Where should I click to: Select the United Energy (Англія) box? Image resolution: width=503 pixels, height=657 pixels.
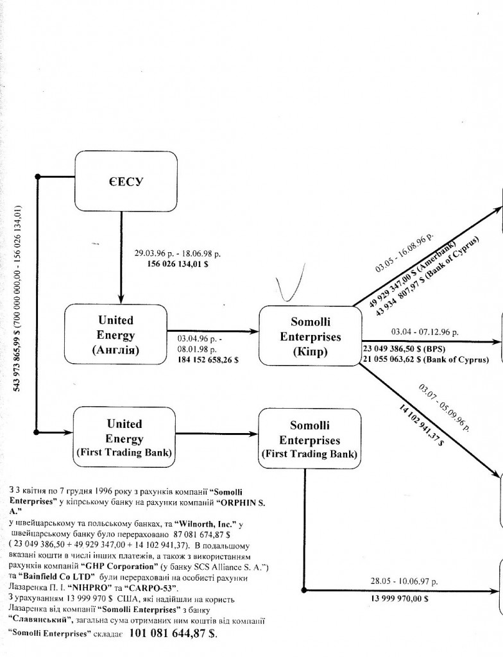(116, 335)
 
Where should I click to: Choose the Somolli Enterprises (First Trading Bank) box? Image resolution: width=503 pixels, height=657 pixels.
(309, 440)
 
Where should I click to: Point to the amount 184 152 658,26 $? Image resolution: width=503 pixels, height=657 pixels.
(208, 360)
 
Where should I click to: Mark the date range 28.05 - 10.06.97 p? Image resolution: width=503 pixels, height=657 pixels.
(404, 581)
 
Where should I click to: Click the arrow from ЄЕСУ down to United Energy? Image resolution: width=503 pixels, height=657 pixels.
(121, 257)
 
